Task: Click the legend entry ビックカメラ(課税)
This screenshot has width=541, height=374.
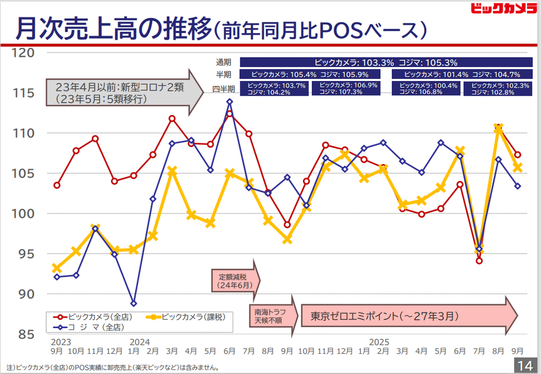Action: (187, 317)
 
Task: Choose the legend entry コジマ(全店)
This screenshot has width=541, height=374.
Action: (89, 326)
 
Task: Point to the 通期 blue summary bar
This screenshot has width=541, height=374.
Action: (386, 63)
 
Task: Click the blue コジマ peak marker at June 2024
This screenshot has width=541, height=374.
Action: (230, 102)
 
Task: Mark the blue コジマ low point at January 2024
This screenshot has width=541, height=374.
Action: (133, 304)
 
